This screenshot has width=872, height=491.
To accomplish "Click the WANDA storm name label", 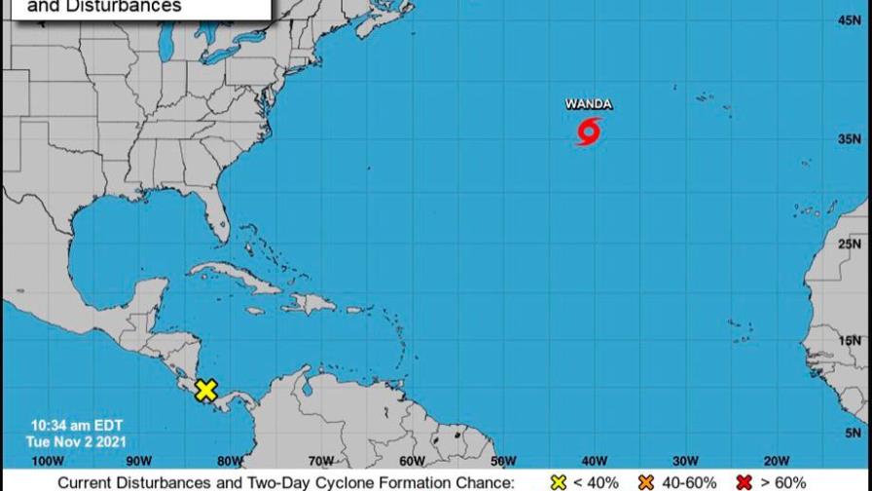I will click(x=589, y=104).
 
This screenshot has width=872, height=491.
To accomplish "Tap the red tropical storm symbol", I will click(x=589, y=131).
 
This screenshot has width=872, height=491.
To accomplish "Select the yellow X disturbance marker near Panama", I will click(x=205, y=391).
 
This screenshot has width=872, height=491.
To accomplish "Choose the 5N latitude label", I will click(x=854, y=434).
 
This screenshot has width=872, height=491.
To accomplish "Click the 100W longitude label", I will click(x=47, y=461).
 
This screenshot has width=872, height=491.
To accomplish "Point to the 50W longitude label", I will click(x=502, y=461).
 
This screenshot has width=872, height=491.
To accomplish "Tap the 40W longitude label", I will click(x=594, y=461).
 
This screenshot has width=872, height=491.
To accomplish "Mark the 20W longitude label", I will click(x=776, y=461).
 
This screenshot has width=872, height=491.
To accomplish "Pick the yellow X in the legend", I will click(x=558, y=482).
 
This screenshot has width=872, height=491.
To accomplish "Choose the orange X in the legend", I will click(x=645, y=482).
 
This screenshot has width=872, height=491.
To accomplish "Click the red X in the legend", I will click(x=745, y=482).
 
